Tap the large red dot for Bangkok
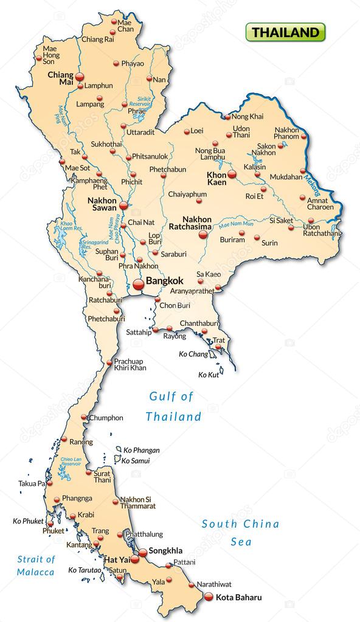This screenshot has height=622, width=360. point(139,283)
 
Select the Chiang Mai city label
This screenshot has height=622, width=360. point(60,79)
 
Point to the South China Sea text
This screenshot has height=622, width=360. point(240,532)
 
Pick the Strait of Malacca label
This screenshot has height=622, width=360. point(36,565)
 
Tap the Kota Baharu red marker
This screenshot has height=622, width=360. point(209,596)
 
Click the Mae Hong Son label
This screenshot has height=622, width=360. point(49,54)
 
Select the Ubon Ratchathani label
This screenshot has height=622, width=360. point(321,230)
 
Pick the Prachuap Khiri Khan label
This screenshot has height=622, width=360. point(130,364)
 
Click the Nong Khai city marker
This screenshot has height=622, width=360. point(226,117)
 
